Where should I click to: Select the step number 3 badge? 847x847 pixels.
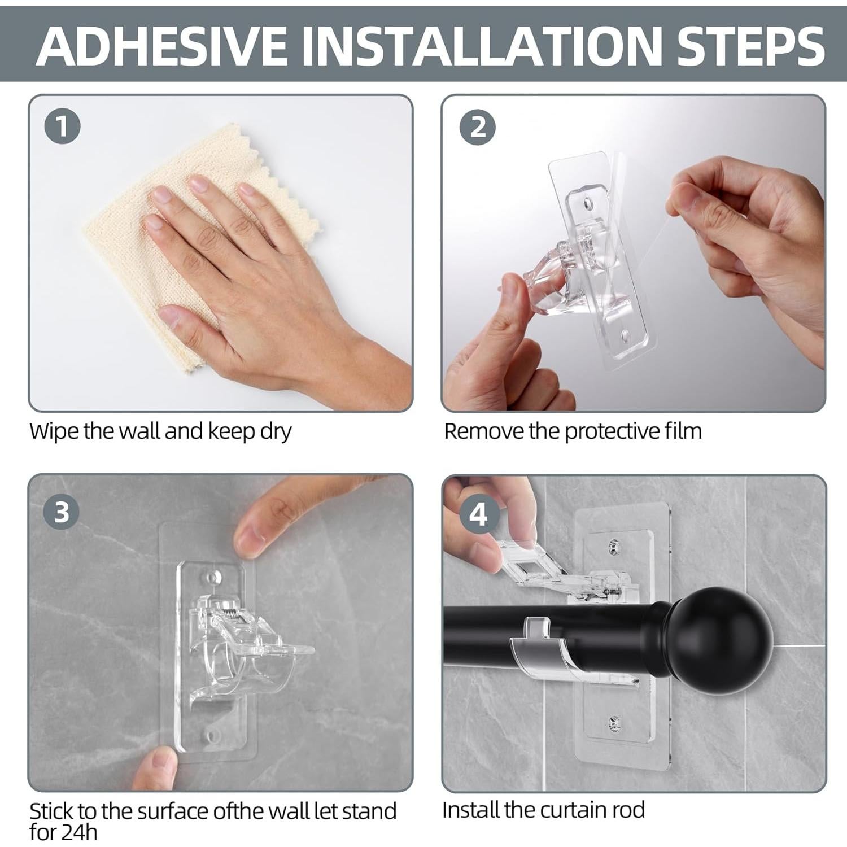coord(62,512)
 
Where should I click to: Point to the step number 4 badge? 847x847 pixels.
coord(478,514)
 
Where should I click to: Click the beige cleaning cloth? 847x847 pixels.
coord(198,248)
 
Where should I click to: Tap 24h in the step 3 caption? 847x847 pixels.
coord(80,832)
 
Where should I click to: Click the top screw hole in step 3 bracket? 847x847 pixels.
coord(212,577)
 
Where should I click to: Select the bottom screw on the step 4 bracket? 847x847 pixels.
coord(614,722)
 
